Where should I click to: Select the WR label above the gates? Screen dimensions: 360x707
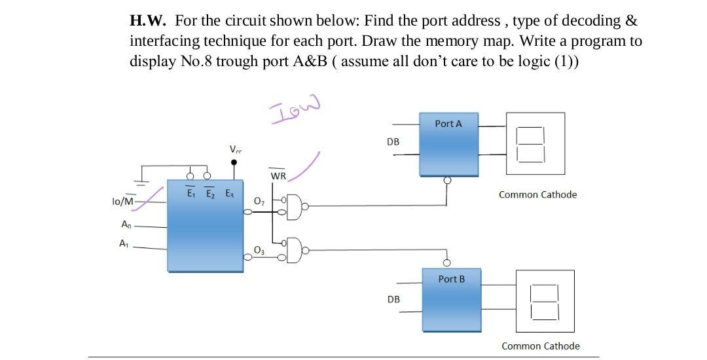pyautogui.click(x=278, y=176)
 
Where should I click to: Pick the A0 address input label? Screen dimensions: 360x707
pyautogui.click(x=126, y=225)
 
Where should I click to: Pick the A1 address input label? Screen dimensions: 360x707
pyautogui.click(x=124, y=243)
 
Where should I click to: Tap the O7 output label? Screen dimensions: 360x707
pyautogui.click(x=259, y=199)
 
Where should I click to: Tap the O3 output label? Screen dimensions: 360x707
pyautogui.click(x=259, y=251)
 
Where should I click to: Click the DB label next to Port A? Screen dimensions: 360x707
pyautogui.click(x=393, y=141)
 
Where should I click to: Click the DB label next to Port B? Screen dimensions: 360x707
pyautogui.click(x=393, y=299)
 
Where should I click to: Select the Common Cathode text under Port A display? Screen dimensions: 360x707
pyautogui.click(x=537, y=194)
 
